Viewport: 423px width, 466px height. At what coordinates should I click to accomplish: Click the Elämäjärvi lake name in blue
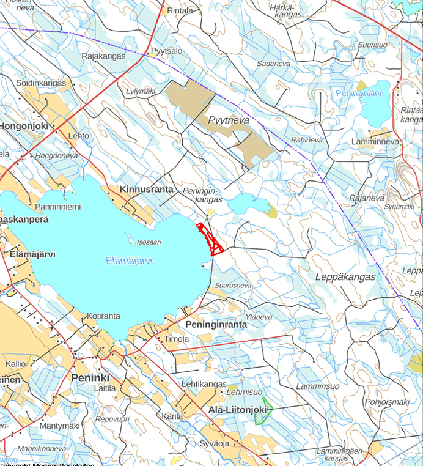click(129, 261)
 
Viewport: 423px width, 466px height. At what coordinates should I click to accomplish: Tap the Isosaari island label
click(149, 242)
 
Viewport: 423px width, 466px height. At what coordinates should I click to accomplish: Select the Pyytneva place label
click(229, 120)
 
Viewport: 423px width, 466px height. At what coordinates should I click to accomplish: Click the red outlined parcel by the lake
click(210, 239)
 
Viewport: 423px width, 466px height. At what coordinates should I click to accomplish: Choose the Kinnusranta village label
click(147, 189)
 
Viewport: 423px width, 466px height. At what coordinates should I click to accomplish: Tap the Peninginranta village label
click(216, 324)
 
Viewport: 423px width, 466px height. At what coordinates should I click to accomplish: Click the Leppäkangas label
click(345, 276)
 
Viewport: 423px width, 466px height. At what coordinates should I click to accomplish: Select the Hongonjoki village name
click(23, 125)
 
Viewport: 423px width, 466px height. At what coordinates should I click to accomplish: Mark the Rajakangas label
click(103, 56)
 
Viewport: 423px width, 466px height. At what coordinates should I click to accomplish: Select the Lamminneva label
click(375, 141)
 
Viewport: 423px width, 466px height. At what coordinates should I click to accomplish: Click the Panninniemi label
click(58, 207)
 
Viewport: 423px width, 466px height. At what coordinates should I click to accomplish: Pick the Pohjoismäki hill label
click(386, 402)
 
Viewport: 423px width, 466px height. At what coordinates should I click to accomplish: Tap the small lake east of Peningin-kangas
click(247, 204)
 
